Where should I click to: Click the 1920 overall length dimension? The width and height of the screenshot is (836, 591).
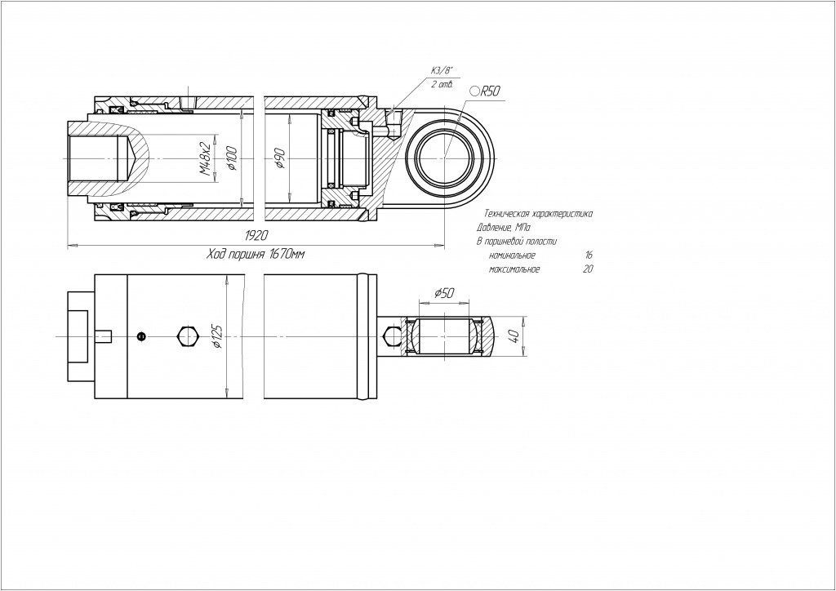tap(256, 236)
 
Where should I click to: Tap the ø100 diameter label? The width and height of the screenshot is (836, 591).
tap(232, 158)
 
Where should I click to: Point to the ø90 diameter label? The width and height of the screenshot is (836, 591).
tap(280, 158)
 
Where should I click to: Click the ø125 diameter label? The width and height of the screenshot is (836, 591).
tap(216, 335)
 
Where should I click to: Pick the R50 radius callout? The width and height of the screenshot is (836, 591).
tap(487, 91)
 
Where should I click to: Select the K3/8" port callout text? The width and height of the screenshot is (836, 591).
tap(439, 71)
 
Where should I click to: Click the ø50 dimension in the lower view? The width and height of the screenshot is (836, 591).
tap(446, 292)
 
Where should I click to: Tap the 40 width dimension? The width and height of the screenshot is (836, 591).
tap(514, 336)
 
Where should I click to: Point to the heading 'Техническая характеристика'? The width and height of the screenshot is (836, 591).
tap(538, 213)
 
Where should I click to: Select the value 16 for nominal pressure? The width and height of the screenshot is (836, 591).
tap(589, 256)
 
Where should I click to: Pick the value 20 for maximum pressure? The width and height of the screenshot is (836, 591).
tap(588, 269)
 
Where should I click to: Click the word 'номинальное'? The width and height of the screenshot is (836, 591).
tap(513, 256)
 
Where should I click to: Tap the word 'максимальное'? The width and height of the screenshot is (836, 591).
tap(514, 269)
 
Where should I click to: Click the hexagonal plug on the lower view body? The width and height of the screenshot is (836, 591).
tap(185, 335)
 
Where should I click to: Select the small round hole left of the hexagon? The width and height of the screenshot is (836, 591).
tap(142, 335)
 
